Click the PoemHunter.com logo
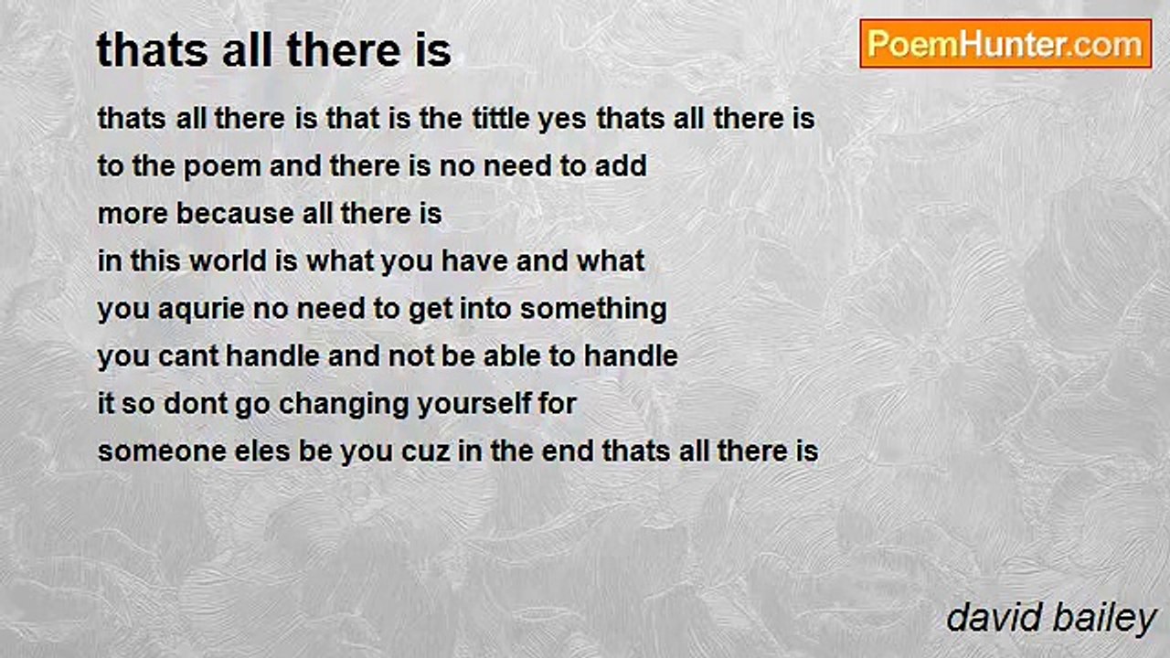click(1005, 43)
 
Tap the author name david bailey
click(1051, 618)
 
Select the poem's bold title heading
click(273, 50)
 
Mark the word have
click(475, 261)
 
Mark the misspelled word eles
click(238, 451)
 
